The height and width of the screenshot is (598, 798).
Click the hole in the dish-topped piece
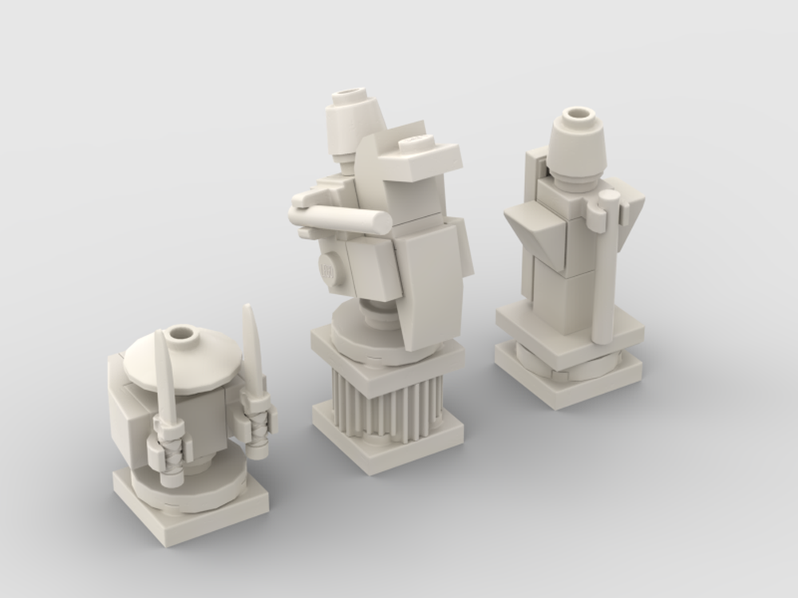(x=183, y=332)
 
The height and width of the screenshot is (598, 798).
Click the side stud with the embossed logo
(x=328, y=269)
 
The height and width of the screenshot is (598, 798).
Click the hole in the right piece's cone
(x=578, y=117)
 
